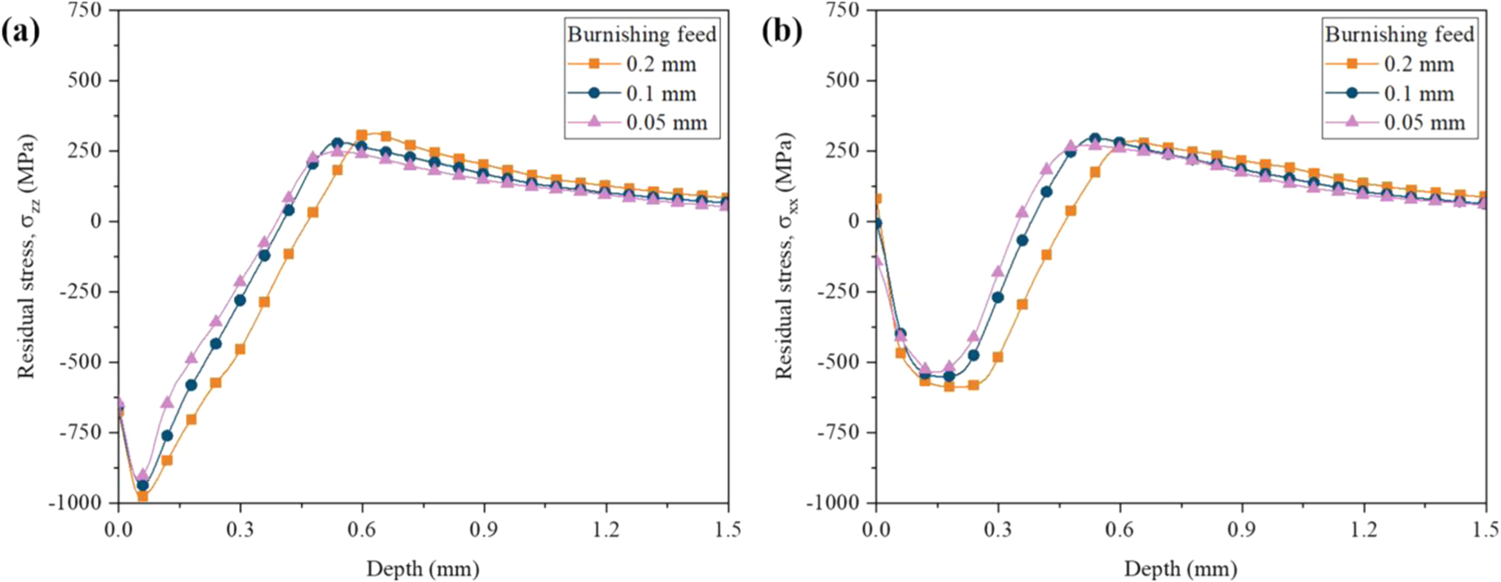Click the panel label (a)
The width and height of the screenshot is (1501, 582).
click(21, 33)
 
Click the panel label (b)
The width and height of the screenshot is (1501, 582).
click(782, 33)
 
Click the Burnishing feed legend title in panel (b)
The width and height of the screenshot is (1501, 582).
click(1400, 35)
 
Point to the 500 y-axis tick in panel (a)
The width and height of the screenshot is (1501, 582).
click(85, 80)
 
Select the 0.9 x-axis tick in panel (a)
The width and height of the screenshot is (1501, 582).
click(483, 530)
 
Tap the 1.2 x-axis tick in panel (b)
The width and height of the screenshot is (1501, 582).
click(1364, 530)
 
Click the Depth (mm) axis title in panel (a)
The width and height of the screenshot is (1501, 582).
click(422, 569)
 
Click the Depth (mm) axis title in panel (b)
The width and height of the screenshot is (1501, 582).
click(1181, 569)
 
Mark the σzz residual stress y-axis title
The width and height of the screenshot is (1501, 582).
click(28, 256)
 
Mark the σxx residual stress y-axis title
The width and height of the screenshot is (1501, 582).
click(785, 256)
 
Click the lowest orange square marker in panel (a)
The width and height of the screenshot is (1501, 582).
click(142, 496)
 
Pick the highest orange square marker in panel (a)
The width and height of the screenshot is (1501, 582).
click(362, 135)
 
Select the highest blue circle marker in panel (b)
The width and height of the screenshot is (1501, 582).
click(1095, 139)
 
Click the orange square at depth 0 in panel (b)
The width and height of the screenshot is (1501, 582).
click(876, 199)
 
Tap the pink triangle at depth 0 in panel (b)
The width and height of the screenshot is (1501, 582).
click(877, 259)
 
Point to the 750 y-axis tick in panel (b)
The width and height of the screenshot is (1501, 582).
click(842, 10)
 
